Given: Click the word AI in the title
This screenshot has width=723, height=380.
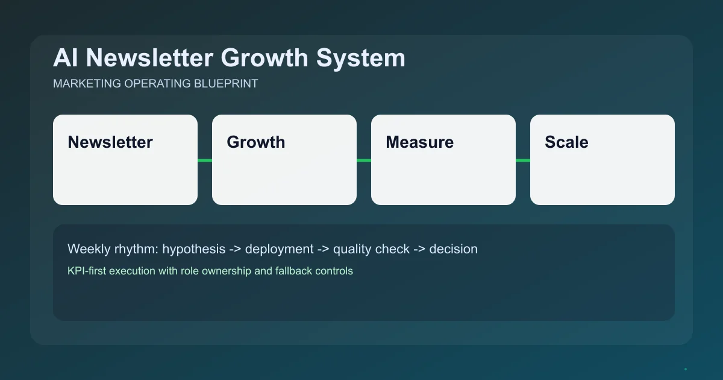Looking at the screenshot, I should point(66,59).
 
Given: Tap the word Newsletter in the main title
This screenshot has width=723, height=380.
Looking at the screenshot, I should point(149,59).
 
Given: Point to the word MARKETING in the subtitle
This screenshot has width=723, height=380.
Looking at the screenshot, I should point(87,84).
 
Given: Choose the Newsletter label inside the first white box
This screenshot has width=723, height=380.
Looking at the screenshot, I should point(110,142).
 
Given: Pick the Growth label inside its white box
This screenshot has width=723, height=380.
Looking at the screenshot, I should point(255,142).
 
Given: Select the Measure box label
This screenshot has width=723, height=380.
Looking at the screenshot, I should point(419,142).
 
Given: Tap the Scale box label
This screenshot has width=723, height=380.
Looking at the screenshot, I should point(566,142).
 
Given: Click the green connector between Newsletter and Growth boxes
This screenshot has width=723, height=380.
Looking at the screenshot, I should point(205,160).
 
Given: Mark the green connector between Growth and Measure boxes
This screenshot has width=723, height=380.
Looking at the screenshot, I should point(364,160).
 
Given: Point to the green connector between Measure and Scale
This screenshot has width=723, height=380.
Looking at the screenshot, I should point(523,160).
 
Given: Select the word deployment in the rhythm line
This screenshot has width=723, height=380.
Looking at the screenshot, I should point(279,249).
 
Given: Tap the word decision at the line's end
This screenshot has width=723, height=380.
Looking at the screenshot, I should point(453,249).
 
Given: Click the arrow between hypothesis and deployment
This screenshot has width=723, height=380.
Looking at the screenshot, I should point(235,249).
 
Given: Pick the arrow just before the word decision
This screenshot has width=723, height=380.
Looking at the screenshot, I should point(419,249).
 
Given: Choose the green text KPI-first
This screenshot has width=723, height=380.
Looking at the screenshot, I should point(86,271).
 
